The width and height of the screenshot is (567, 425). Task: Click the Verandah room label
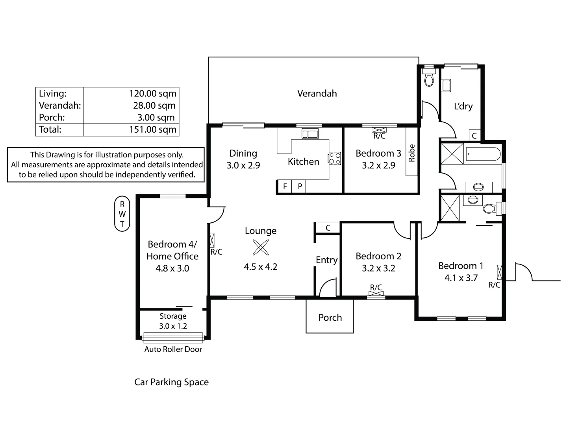[317, 94]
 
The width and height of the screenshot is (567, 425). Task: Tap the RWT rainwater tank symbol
[122, 214]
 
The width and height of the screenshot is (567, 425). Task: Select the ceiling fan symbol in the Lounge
[260, 248]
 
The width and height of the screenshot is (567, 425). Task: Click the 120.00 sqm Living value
[153, 94]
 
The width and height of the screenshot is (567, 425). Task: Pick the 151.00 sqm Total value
[153, 129]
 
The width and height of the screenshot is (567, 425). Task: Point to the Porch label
[330, 318]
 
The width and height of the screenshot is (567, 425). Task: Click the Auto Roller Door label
[173, 349]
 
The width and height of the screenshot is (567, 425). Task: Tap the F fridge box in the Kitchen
[285, 187]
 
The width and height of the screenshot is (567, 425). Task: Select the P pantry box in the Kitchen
[300, 187]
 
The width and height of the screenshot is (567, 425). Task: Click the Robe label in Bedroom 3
[412, 153]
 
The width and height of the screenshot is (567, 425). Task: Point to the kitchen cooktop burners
[335, 159]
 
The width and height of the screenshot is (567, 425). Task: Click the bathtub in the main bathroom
[483, 154]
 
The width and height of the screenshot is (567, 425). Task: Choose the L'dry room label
[463, 106]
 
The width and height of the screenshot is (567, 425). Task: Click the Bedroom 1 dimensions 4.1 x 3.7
[461, 278]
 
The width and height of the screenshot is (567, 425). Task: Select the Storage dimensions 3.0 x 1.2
[173, 326]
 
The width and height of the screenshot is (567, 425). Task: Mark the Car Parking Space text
[171, 382]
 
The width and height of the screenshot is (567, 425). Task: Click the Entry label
[326, 260]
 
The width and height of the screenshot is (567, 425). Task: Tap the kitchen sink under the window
[310, 134]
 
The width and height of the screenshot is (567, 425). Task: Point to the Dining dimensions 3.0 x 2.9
[243, 165]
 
